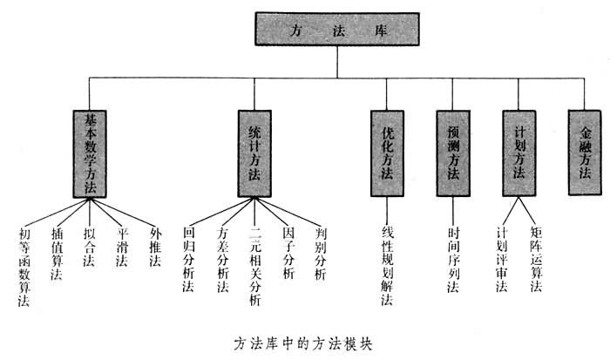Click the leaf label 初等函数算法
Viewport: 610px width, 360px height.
[24, 267]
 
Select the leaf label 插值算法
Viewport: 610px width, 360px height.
[57, 255]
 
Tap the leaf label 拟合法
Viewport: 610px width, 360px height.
[88, 249]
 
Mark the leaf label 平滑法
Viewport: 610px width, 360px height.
[123, 249]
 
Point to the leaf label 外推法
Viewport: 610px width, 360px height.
[155, 249]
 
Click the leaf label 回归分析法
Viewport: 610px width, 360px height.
[188, 259]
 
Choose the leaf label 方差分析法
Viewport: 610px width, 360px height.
[222, 259]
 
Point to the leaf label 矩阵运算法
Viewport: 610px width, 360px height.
[536, 259]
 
